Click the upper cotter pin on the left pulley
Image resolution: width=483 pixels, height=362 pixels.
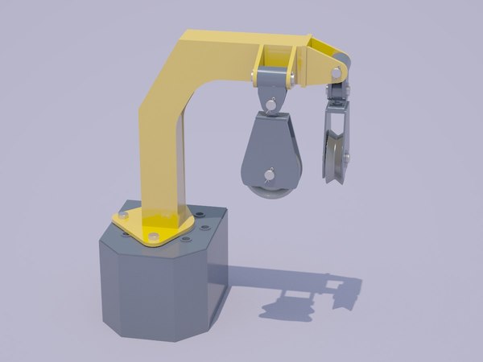[x=274, y=104]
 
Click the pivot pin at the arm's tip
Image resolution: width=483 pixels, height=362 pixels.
[x=332, y=75]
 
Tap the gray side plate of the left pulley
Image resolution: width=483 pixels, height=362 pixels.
[x=272, y=145]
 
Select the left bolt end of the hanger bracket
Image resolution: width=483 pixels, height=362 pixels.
[x=256, y=78]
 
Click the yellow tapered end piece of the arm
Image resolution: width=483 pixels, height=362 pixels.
[x=326, y=61]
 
